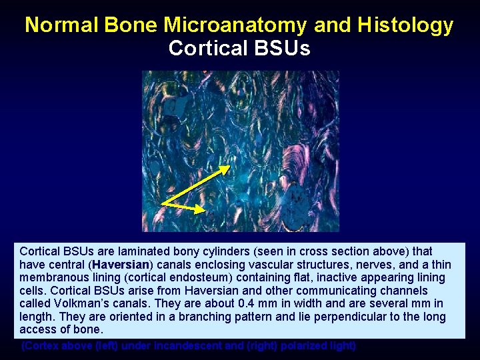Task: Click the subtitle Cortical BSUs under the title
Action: [x=239, y=49]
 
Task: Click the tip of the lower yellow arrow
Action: [x=204, y=210]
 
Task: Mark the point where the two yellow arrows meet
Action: [x=163, y=203]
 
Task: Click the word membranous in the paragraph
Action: [x=52, y=277]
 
